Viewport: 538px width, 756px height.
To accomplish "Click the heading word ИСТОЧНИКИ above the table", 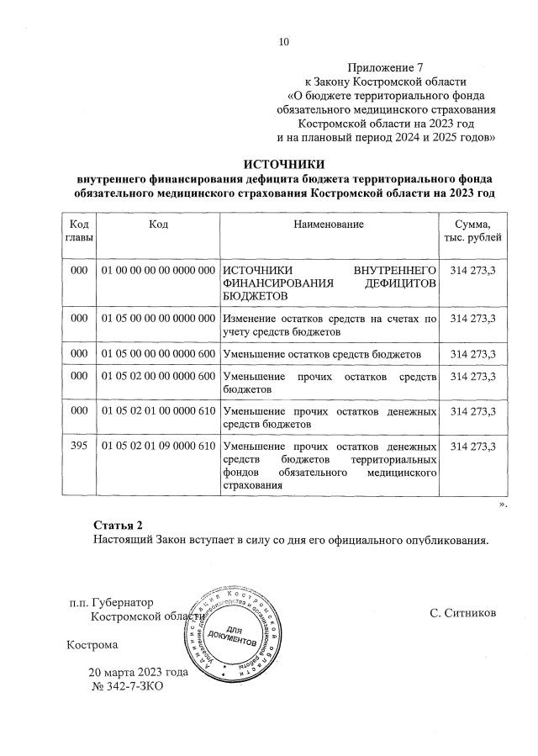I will [x=283, y=164].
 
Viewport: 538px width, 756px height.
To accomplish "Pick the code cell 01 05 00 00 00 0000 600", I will [x=158, y=353].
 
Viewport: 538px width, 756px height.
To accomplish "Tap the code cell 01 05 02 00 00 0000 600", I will [x=158, y=375].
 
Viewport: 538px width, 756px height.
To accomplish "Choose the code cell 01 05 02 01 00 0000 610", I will [x=158, y=410].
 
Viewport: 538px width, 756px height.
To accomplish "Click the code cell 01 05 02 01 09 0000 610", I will [x=158, y=446].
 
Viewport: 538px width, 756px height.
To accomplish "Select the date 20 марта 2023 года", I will [x=139, y=673].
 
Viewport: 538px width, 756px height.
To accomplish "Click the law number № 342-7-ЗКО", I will [x=127, y=687].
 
